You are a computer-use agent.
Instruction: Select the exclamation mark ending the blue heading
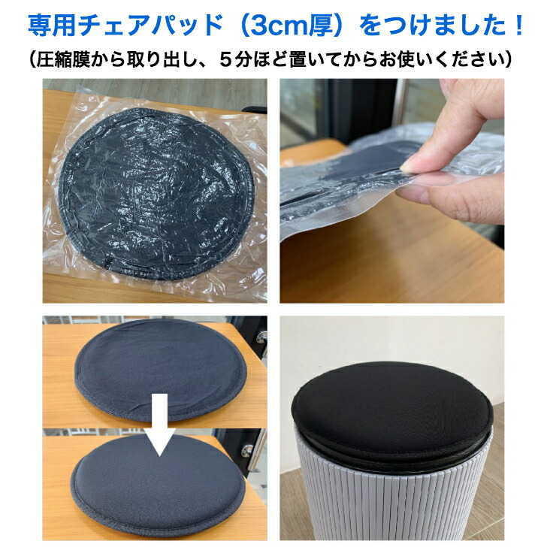click(x=518, y=26)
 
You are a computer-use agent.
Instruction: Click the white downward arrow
click(x=160, y=425)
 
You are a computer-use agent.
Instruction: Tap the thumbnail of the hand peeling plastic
click(x=391, y=191)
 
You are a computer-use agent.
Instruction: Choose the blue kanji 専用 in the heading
click(x=53, y=26)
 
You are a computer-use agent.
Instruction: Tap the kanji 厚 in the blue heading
click(x=322, y=26)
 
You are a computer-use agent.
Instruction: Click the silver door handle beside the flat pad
click(x=261, y=337)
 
